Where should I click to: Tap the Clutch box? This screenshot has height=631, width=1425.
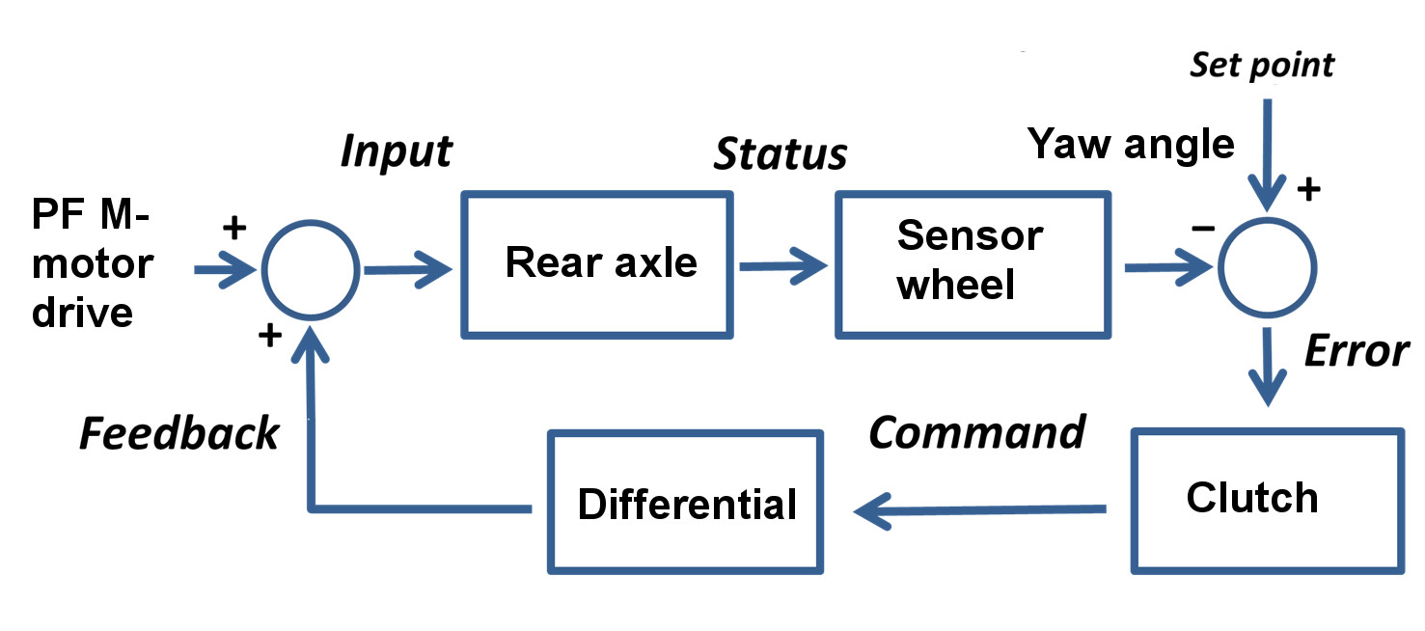click(x=1266, y=500)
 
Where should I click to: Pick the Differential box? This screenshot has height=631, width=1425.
click(x=685, y=503)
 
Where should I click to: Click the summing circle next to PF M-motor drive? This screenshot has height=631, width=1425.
click(x=312, y=269)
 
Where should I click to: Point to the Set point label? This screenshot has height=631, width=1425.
click(x=1261, y=66)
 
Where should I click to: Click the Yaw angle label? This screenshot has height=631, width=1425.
click(x=1131, y=144)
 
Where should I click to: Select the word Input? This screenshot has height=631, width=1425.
click(x=396, y=151)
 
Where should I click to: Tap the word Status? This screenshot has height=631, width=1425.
click(x=780, y=154)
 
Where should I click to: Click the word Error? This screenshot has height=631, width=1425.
click(x=1356, y=352)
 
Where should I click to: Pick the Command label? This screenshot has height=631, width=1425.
click(x=976, y=433)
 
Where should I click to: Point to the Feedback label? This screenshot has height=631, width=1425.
click(x=179, y=434)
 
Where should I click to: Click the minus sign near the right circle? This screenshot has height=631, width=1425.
click(x=1201, y=229)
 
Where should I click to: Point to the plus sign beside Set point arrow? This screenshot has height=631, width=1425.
click(x=1307, y=190)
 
